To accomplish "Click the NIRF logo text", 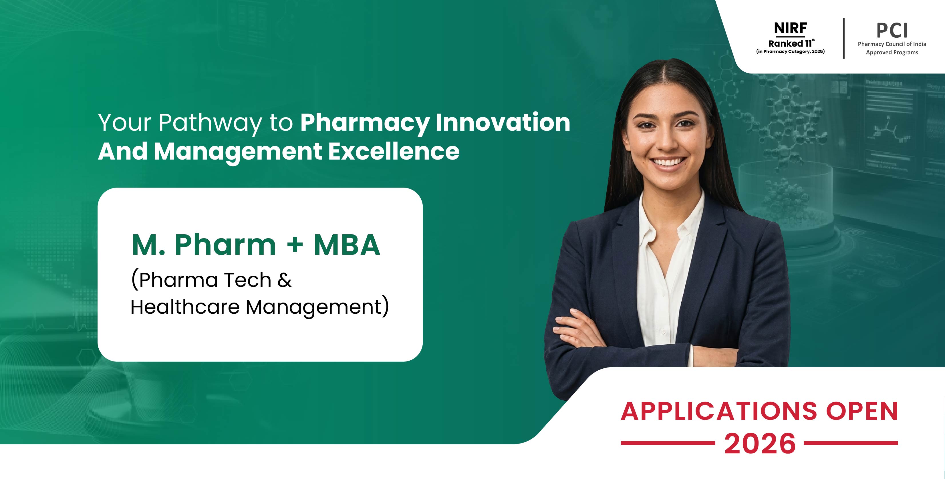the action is coord(790,28).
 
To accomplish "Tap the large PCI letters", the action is coord(892,31).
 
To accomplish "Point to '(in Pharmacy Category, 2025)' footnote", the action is coord(791,51).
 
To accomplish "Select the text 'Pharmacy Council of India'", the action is coord(892,44).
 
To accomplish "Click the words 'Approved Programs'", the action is coord(892,52).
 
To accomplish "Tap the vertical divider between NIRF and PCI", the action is coord(844,39).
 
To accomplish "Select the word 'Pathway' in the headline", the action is coord(210,123).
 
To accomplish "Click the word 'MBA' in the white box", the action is coord(347,245).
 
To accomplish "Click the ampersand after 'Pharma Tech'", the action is coord(284,280).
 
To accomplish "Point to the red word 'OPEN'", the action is coord(862,411).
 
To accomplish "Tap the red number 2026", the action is coord(760,444).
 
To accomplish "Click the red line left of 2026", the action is coord(668,443).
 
